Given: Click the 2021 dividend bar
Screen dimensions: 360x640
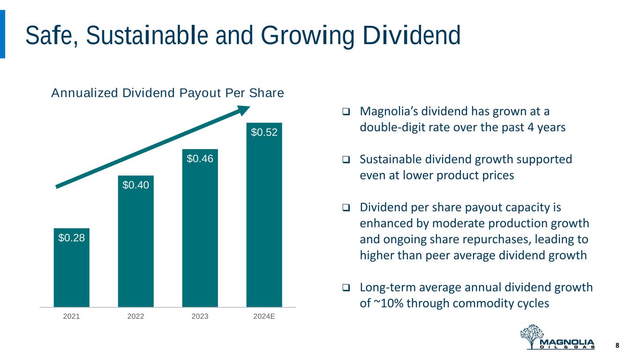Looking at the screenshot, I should pyautogui.click(x=71, y=272).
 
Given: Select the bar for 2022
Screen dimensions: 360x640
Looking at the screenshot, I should pyautogui.click(x=136, y=248).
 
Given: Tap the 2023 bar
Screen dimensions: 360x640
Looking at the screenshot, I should pyautogui.click(x=200, y=234).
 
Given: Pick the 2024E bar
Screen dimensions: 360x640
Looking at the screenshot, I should pyautogui.click(x=264, y=220).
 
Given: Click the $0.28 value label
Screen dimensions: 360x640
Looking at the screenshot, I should pyautogui.click(x=71, y=238).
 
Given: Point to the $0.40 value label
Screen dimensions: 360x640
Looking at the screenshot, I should pyautogui.click(x=136, y=185).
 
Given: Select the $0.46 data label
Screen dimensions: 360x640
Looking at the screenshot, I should pyautogui.click(x=200, y=159).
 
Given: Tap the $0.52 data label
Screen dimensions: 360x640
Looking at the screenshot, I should pyautogui.click(x=264, y=133).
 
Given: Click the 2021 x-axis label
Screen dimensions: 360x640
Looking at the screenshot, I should pyautogui.click(x=71, y=316).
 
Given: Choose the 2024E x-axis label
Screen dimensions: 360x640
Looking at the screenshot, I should pyautogui.click(x=264, y=316).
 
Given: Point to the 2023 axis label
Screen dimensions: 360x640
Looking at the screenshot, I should pyautogui.click(x=200, y=316).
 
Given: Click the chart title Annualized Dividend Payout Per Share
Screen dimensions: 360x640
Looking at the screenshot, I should pyautogui.click(x=167, y=93).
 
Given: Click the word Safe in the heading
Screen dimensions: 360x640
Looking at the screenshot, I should pyautogui.click(x=47, y=36).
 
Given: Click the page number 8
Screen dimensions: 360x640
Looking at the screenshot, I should pyautogui.click(x=617, y=345).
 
